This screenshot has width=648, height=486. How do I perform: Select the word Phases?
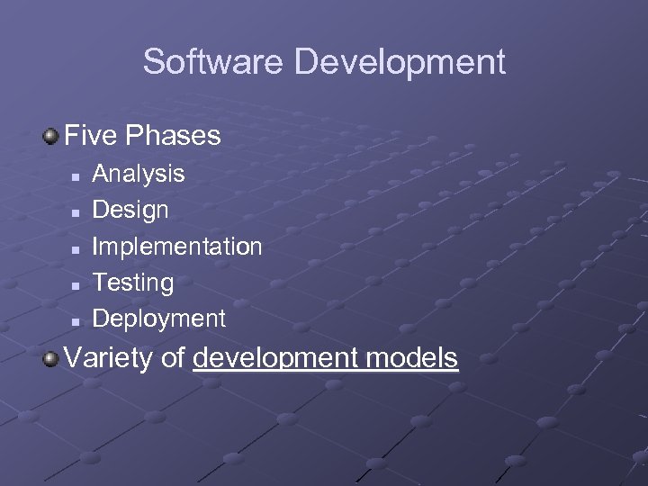tap(174, 136)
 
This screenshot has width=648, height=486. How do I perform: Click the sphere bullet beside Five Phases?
tap(51, 136)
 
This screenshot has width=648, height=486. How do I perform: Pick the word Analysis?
tap(139, 173)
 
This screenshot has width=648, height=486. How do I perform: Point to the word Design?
tap(130, 210)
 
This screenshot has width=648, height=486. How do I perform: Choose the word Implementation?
tap(177, 246)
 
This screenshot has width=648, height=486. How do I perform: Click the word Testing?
tap(133, 283)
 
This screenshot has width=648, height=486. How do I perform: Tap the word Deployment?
tap(159, 319)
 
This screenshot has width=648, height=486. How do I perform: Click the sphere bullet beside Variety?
tap(51, 358)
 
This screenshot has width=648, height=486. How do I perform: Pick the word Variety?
tap(109, 358)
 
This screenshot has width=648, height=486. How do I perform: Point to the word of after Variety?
tap(174, 358)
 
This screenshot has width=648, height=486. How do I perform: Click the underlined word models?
tap(415, 358)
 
